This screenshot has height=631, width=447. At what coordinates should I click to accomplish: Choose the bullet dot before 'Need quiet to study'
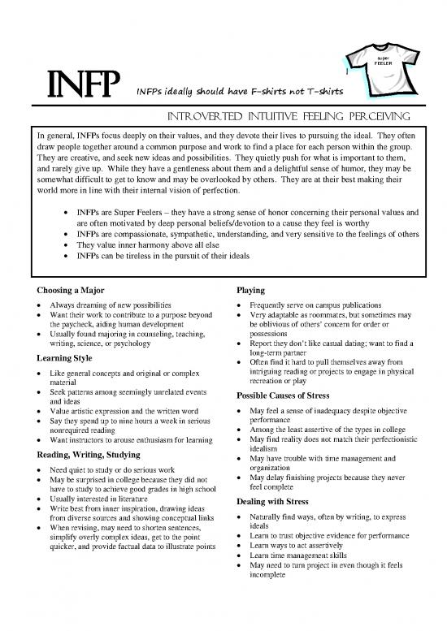(41, 470)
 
